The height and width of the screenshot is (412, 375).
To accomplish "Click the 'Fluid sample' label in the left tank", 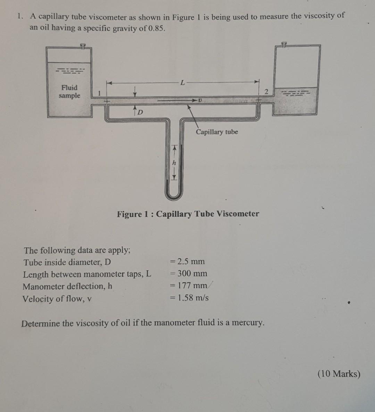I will pyautogui.click(x=69, y=92).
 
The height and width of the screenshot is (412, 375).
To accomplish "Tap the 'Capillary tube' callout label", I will pyautogui.click(x=217, y=132).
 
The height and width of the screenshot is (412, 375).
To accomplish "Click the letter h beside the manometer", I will pyautogui.click(x=174, y=163).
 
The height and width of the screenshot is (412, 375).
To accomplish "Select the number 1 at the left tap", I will pyautogui.click(x=99, y=93).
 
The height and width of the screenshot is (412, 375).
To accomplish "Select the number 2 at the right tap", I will pyautogui.click(x=266, y=92).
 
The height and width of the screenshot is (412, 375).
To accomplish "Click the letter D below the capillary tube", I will pyautogui.click(x=140, y=112).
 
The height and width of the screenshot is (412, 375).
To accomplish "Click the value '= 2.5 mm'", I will pyautogui.click(x=187, y=261).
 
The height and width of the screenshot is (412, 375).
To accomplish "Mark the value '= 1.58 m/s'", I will pyautogui.click(x=189, y=298).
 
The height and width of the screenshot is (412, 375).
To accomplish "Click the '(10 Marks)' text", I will pyautogui.click(x=339, y=374).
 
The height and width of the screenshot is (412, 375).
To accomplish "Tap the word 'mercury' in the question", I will pyautogui.click(x=247, y=322).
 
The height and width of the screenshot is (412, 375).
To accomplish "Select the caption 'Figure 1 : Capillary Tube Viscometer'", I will pyautogui.click(x=188, y=214).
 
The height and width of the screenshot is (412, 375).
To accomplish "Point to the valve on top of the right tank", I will pyautogui.click(x=284, y=44).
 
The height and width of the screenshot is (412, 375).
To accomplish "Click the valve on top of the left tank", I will pyautogui.click(x=82, y=46).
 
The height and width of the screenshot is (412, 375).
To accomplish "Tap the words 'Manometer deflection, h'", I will pyautogui.click(x=67, y=286).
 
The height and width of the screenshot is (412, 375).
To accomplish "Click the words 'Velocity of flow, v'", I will pyautogui.click(x=57, y=299).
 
